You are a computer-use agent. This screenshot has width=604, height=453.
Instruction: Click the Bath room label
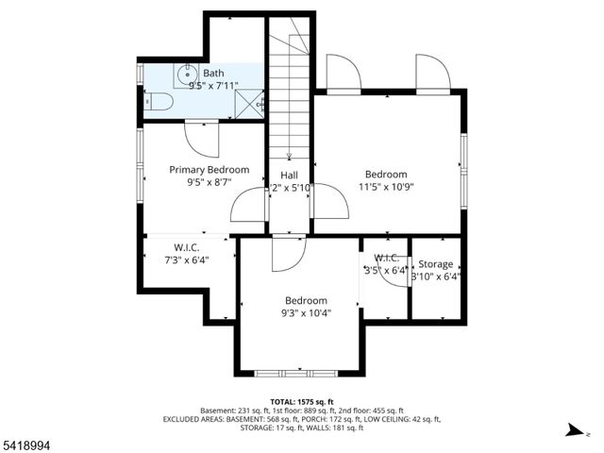[213, 73]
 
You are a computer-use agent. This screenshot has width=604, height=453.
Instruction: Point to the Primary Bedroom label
[209, 170]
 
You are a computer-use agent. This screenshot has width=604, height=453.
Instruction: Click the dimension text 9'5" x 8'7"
[209, 184]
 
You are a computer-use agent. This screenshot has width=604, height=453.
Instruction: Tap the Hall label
[289, 176]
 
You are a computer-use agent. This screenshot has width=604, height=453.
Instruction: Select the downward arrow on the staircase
[289, 156]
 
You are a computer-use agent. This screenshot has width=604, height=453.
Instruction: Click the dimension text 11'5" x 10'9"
[386, 188]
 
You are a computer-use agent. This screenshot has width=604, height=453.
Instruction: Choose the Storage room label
[435, 264]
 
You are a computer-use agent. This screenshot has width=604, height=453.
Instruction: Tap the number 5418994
[28, 442]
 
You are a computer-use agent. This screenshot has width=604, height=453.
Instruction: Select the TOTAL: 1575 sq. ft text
[302, 401]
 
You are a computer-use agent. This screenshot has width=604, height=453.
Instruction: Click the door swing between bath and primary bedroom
[202, 139]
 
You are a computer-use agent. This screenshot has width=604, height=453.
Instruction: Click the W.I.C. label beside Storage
[386, 259]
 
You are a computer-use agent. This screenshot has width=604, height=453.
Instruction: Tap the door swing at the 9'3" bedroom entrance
[286, 253]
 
